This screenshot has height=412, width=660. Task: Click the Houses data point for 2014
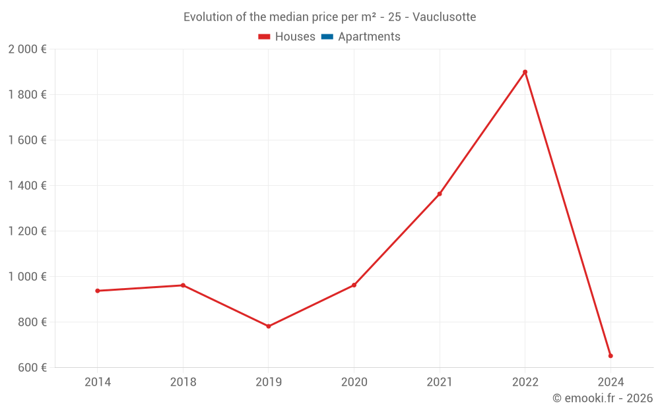point(98,291)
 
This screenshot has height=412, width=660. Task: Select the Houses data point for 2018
point(183,285)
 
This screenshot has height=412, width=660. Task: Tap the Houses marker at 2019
point(269,326)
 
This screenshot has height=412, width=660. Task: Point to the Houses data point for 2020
point(354,285)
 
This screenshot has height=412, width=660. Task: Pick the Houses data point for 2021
point(440,194)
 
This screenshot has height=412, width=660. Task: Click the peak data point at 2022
point(525,72)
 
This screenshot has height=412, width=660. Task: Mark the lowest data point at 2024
point(610,356)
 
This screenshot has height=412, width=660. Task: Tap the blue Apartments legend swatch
point(327,37)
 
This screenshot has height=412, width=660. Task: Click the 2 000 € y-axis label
point(28,49)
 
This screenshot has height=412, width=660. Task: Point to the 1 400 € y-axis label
point(28,186)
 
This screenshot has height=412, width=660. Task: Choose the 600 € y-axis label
point(31,368)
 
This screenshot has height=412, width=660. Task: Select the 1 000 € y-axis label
point(28,277)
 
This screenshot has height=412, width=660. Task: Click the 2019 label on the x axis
point(269,382)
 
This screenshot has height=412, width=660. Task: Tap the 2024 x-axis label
point(610,382)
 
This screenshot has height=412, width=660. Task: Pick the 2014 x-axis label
point(98,382)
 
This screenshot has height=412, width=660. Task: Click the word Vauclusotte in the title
point(444,17)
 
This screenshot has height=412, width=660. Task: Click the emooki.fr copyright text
point(603,398)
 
